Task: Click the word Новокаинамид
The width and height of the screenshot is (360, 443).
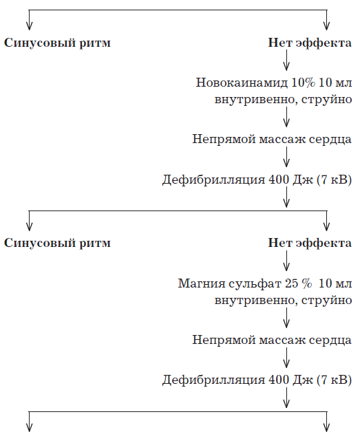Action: pos(242,83)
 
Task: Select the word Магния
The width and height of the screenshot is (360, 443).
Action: pos(202,283)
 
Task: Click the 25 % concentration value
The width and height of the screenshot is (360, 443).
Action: pos(298,283)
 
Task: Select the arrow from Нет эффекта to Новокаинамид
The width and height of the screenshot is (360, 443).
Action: pos(286,60)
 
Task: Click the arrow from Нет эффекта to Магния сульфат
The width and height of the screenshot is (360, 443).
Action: pos(286,261)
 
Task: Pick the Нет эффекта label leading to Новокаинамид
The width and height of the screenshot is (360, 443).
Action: pos(310,43)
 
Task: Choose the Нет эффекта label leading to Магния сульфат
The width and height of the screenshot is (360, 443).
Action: pos(310,243)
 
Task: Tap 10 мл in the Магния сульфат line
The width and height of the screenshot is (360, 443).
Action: pos(335,283)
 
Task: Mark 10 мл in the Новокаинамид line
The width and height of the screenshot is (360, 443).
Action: pos(335,83)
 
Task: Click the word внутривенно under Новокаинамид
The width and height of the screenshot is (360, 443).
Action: pos(255,100)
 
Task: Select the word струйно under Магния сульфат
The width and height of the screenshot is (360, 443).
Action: pos(327,301)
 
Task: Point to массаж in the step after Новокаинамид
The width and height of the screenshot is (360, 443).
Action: pos(282,139)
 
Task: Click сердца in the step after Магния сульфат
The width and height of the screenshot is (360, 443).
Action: pos(330,340)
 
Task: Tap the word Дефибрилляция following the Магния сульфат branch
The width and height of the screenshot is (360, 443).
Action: pos(213,380)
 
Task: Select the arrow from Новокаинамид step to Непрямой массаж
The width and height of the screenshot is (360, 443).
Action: pos(286,117)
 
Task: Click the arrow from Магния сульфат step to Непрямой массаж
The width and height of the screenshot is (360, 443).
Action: pos(286,318)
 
